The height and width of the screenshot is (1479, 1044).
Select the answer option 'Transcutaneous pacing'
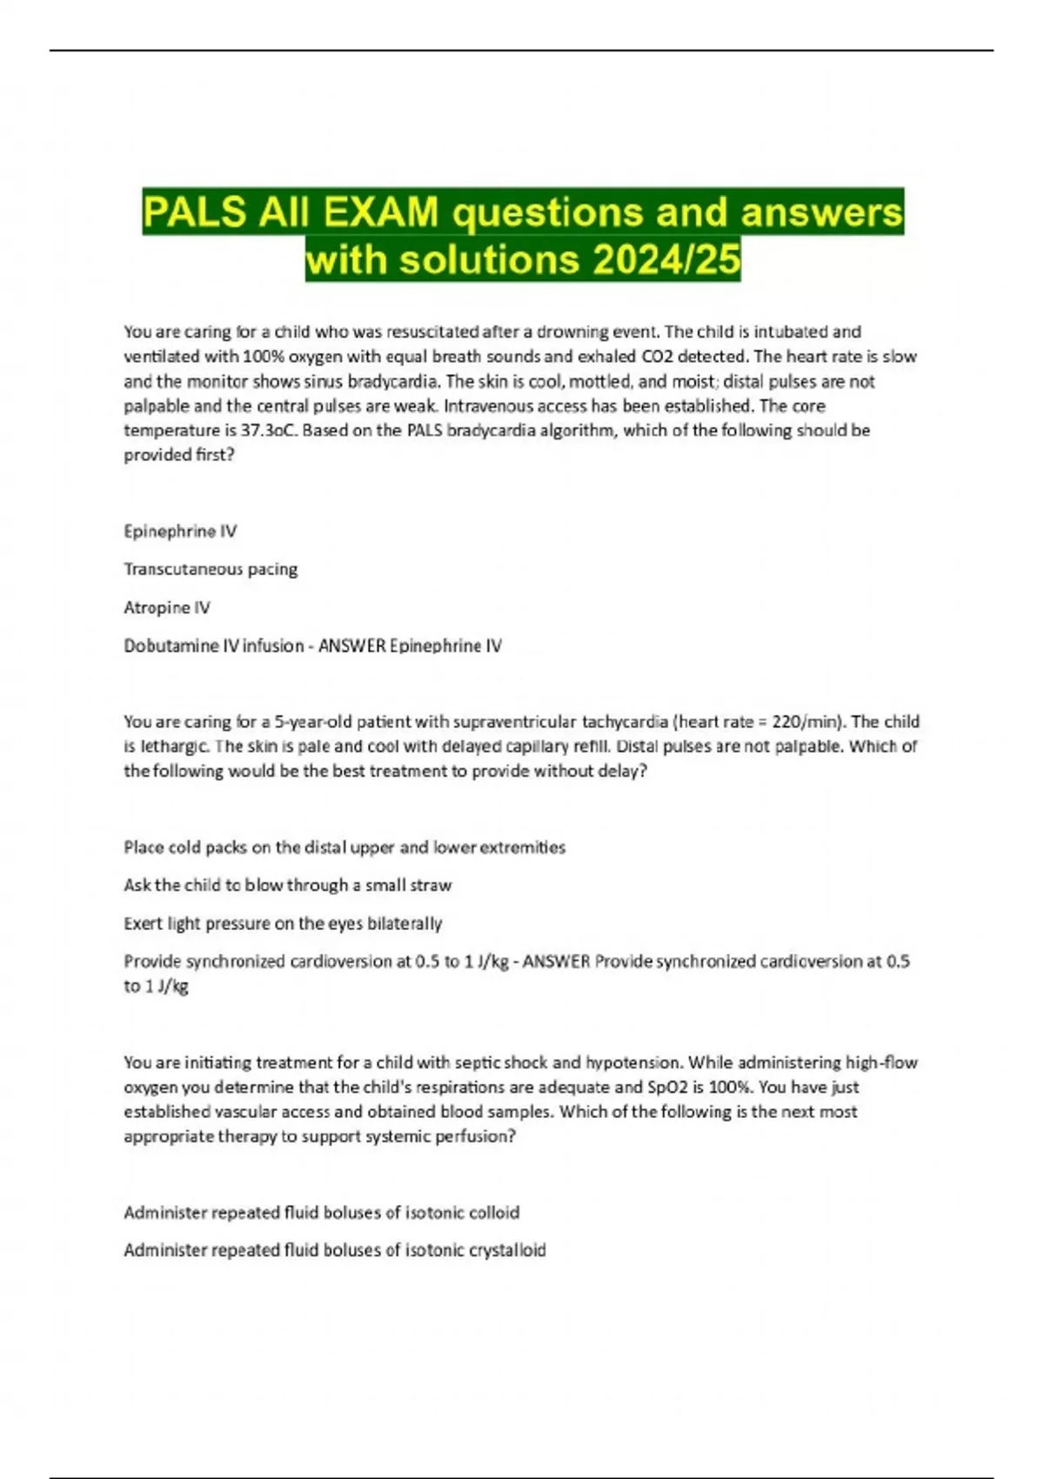click(x=211, y=569)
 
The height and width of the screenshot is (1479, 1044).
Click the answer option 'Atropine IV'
click(x=167, y=607)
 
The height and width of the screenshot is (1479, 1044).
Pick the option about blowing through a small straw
click(x=288, y=885)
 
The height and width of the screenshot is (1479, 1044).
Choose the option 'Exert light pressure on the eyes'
click(x=283, y=923)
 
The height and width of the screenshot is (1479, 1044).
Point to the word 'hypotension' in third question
click(x=634, y=1062)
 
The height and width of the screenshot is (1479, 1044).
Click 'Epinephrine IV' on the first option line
click(x=180, y=531)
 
